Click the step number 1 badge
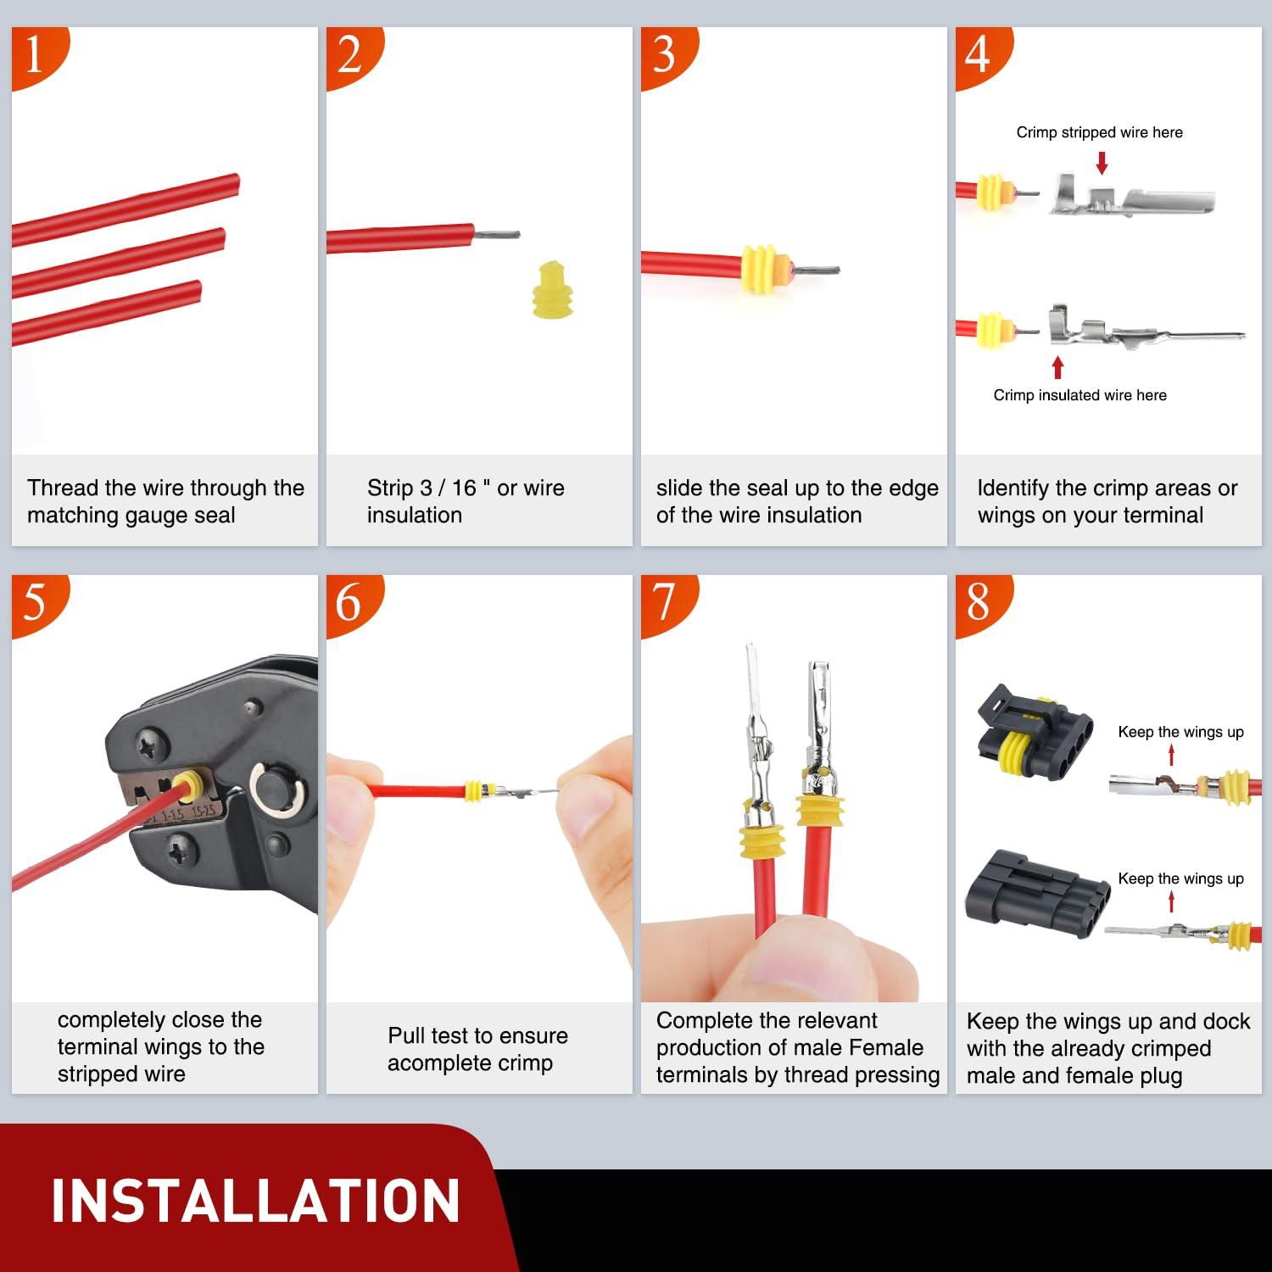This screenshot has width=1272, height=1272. [x=36, y=56]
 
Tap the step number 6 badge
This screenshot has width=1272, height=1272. [x=350, y=603]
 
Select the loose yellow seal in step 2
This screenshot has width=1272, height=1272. [x=552, y=290]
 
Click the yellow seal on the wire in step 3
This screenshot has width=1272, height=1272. [x=762, y=269]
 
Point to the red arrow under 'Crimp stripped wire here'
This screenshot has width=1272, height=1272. [x=1102, y=162]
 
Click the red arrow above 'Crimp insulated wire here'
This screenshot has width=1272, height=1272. [x=1057, y=366]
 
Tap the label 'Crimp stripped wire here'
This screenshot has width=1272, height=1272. [x=1099, y=132]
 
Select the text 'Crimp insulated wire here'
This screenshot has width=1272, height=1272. [x=1080, y=395]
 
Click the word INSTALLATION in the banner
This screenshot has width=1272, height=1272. [x=255, y=1201]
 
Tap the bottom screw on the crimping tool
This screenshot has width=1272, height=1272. [x=181, y=845]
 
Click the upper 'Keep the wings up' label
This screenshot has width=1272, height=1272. [x=1180, y=732]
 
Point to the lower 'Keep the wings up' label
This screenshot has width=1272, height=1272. [x=1180, y=879]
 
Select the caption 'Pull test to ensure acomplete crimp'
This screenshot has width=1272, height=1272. [x=477, y=1049]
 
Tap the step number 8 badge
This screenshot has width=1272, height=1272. [x=979, y=603]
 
